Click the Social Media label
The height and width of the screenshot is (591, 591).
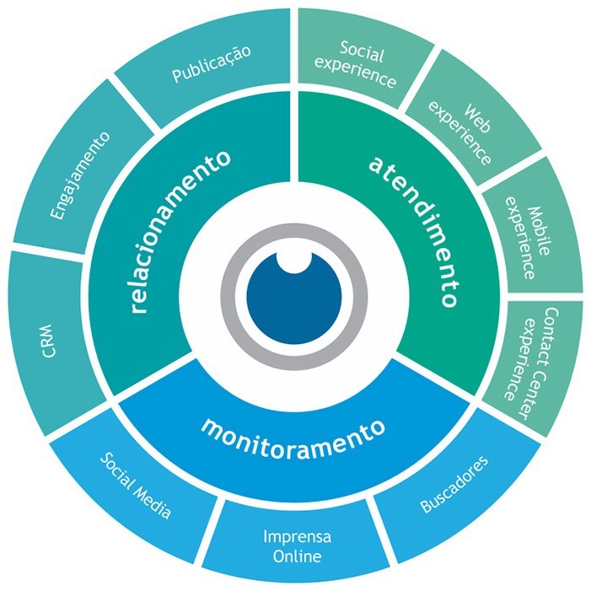(x=136, y=487)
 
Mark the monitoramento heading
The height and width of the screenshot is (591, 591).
(x=293, y=426)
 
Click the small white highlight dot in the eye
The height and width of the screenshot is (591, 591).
(x=293, y=260)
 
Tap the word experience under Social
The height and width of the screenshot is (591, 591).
(x=364, y=77)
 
